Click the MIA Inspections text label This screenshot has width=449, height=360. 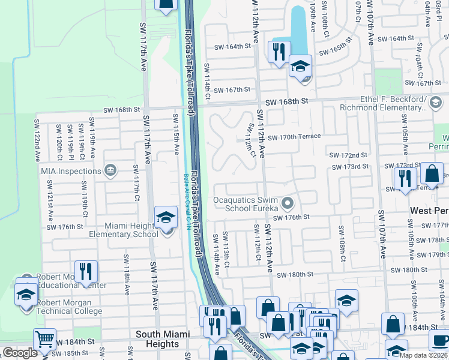[71, 171]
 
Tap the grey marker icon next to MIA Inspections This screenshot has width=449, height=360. [109, 171]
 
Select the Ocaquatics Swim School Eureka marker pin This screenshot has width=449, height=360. [288, 204]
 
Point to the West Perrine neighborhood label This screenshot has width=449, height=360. [429, 211]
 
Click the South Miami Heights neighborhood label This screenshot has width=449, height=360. [163, 339]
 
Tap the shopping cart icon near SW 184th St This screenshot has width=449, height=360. [44, 339]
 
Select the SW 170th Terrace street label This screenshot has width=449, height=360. [294, 137]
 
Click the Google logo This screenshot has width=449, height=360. [19, 353]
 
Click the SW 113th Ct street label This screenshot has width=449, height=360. [226, 250]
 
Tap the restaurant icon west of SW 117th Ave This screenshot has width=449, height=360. [86, 272]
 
